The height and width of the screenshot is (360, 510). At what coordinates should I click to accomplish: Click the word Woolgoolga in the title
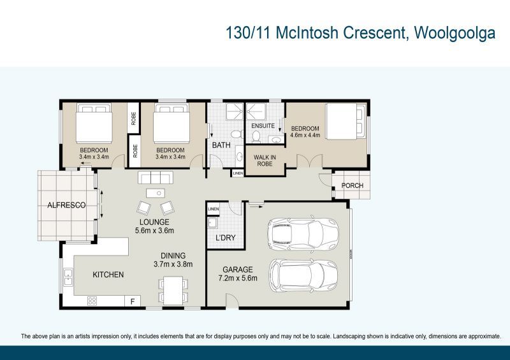tap(455, 33)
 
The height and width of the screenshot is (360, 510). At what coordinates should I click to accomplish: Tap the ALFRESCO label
tap(67, 205)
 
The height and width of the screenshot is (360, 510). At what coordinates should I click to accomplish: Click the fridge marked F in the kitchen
tap(133, 301)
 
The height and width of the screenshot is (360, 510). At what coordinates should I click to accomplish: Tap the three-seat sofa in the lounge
tap(155, 177)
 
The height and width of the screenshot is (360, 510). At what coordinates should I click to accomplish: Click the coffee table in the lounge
tap(155, 193)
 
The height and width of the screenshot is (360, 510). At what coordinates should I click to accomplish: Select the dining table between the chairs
tap(172, 290)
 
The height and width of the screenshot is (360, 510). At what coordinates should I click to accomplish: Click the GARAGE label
tap(237, 269)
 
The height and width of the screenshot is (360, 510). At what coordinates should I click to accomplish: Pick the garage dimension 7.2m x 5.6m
tap(237, 278)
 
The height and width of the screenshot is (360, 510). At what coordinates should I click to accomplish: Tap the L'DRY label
tap(226, 238)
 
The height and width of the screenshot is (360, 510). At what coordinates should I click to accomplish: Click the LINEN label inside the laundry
tap(213, 209)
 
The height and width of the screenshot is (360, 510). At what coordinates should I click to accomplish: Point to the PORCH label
tap(353, 186)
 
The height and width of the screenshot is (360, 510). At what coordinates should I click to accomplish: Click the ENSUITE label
tap(262, 126)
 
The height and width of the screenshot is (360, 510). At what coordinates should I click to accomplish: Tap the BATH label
tap(221, 145)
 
